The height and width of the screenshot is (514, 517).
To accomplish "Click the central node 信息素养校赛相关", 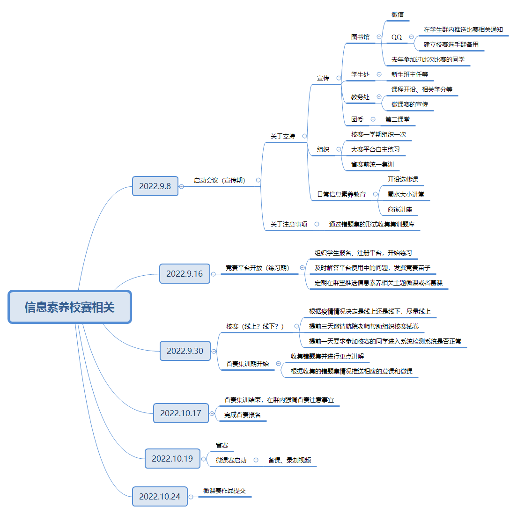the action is click(70, 307).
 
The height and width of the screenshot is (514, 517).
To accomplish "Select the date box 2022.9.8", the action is click(155, 186).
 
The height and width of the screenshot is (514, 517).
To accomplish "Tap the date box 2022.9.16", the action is click(185, 274).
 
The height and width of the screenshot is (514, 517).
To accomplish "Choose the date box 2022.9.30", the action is click(185, 351).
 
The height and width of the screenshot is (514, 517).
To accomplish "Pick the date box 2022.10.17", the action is click(181, 413).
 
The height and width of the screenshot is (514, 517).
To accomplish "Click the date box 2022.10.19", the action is click(172, 459).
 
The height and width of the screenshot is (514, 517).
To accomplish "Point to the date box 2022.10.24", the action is click(160, 497).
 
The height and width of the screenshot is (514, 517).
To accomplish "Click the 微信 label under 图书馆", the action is click(398, 15).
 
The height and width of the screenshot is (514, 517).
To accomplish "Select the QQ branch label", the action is click(397, 37).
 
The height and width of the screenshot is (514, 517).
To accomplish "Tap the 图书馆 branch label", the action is click(361, 37).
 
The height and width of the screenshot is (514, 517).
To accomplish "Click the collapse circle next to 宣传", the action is click(339, 78).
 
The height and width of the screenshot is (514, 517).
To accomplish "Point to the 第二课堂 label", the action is click(398, 119).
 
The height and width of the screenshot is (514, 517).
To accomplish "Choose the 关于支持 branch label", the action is click(283, 136).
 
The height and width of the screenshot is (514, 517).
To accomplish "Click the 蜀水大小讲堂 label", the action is click(406, 194).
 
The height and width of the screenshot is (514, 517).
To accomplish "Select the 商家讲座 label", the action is click(400, 209).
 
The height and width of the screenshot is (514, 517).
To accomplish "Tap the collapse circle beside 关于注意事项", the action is click(317, 224).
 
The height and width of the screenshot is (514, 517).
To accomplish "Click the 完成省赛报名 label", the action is click(243, 415).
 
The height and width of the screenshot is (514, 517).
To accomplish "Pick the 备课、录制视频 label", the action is click(289, 460).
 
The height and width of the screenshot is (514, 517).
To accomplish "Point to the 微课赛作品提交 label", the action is click(224, 491).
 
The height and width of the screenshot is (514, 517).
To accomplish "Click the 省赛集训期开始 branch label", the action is click(248, 364).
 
